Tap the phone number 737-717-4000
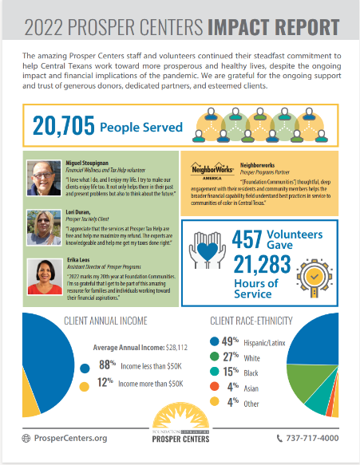311,438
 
